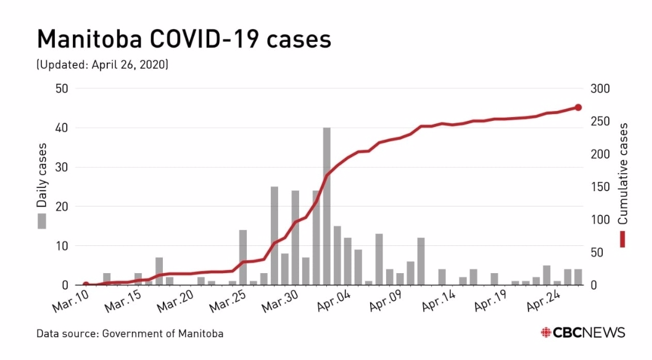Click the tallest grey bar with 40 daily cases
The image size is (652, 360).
(327, 207)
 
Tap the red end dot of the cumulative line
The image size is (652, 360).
(579, 107)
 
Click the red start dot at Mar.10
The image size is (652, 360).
(86, 285)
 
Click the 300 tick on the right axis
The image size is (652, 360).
(600, 89)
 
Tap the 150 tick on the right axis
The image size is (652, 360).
(600, 187)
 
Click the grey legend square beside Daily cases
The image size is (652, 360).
(42, 221)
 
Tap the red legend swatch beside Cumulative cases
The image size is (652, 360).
(623, 239)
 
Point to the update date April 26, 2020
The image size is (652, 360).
(130, 64)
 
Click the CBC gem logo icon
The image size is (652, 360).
(546, 332)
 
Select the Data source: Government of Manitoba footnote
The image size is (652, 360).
(130, 333)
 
